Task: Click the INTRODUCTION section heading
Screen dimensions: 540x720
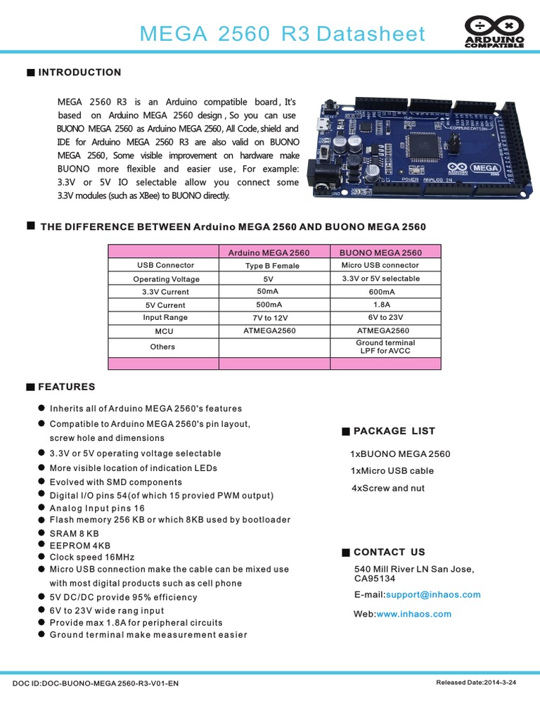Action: [79, 72]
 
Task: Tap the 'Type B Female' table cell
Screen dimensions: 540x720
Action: [272, 266]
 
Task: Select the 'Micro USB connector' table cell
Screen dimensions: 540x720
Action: [380, 265]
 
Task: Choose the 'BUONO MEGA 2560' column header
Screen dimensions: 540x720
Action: [381, 252]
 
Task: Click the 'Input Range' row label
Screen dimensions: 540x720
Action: [162, 318]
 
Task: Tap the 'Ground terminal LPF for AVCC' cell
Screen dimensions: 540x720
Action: [385, 347]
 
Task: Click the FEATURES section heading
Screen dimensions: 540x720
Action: [67, 387]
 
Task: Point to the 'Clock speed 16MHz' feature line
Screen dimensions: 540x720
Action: [92, 557]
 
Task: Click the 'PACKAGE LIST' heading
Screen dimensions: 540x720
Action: [394, 431]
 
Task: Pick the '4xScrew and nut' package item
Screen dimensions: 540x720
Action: [388, 488]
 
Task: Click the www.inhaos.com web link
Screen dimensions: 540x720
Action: [414, 614]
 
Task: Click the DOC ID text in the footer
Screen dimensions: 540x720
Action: [96, 683]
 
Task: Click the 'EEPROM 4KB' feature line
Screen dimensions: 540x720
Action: [80, 546]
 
